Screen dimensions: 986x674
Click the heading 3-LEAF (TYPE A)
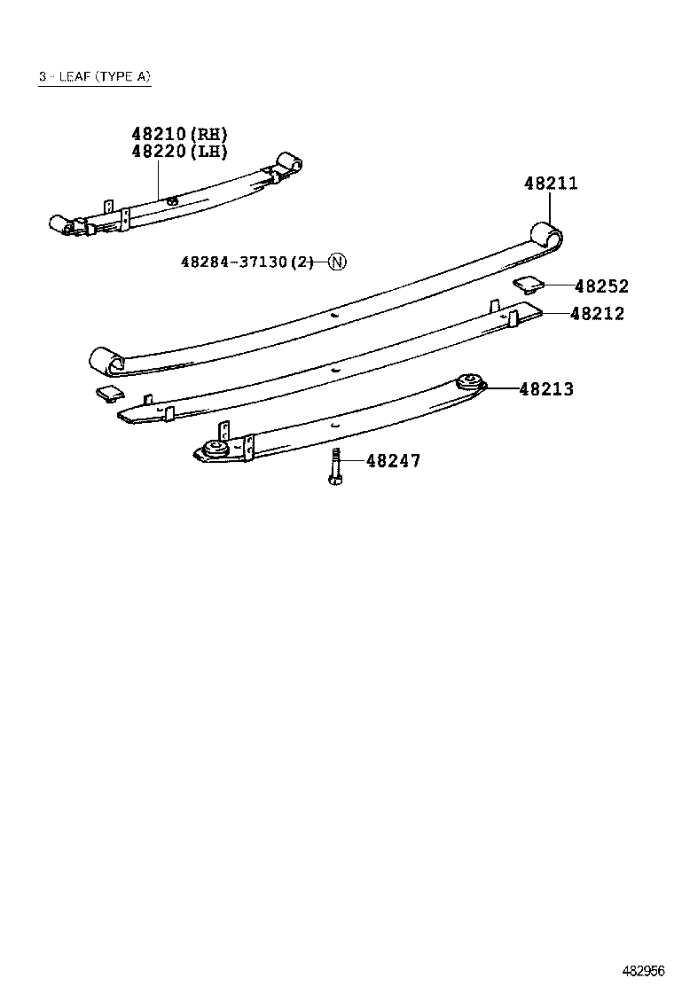coord(94,77)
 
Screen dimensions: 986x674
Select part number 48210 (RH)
coord(179,134)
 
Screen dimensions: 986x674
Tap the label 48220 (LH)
coord(179,151)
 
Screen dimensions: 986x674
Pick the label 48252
coord(600,286)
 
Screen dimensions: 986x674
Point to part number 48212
coord(597,313)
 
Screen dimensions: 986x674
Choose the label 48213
coord(546,388)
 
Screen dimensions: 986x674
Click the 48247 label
coord(393,461)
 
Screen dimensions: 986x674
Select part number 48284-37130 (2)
coord(247,262)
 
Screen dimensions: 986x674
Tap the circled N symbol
coord(338,262)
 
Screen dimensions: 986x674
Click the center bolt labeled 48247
coord(335,466)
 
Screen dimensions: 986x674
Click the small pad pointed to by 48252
coord(529,285)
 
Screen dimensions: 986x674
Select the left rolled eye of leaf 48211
coord(107,361)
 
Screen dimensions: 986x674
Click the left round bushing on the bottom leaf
coord(213,450)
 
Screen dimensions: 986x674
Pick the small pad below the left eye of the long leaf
coord(107,394)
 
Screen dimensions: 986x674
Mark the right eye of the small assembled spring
coord(289,164)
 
